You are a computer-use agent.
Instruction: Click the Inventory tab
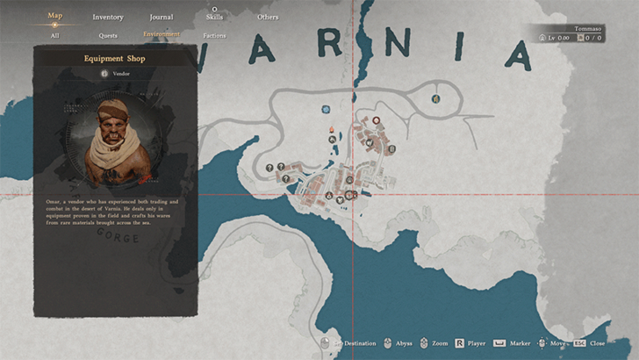[108, 17]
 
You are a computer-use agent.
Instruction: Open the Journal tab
[161, 17]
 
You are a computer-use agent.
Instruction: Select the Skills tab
[214, 17]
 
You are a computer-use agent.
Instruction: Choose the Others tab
[268, 17]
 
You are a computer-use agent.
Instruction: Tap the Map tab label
[55, 15]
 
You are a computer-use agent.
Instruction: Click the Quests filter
[108, 36]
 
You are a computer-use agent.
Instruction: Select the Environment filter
[162, 35]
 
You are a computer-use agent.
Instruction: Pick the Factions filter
[214, 36]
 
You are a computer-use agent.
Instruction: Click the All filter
[55, 36]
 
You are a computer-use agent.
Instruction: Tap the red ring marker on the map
[377, 119]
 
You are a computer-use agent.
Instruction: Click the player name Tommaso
[588, 28]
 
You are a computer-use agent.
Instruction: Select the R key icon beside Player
[458, 343]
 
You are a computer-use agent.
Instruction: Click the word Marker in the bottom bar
[519, 343]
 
